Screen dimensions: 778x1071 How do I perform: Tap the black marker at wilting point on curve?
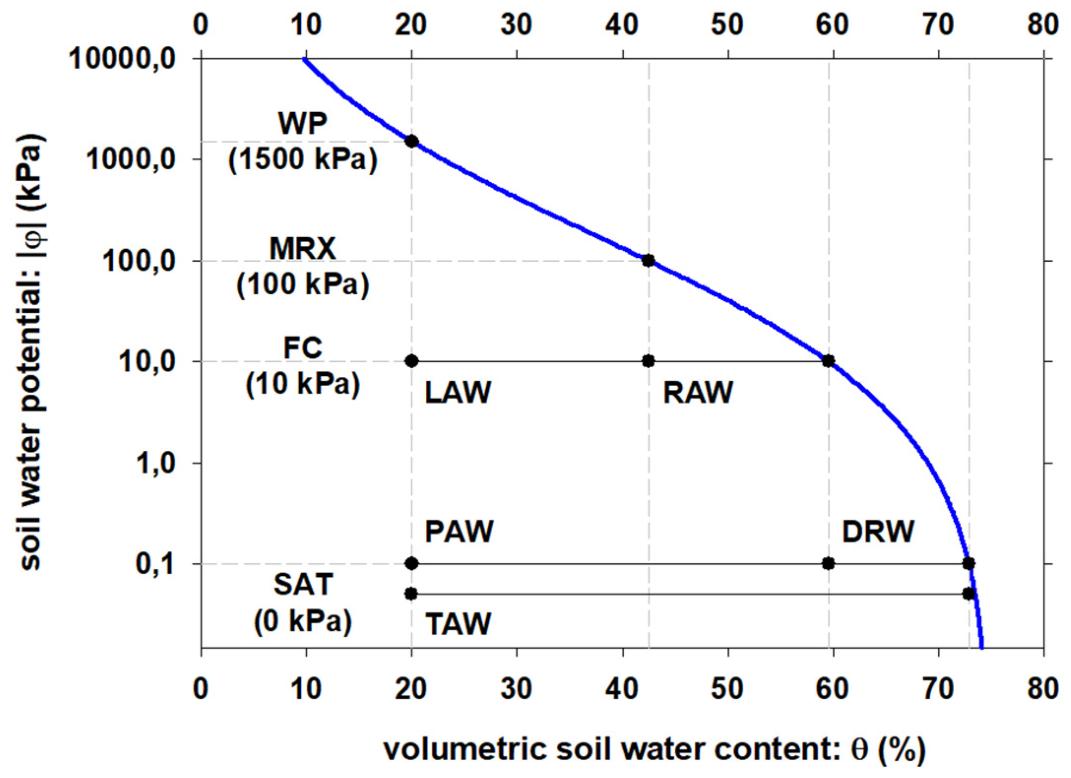[x=411, y=141]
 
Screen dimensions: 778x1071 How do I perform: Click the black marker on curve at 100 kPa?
[x=648, y=260]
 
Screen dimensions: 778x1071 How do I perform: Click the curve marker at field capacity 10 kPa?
[x=828, y=361]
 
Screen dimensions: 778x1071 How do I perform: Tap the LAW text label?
[x=458, y=393]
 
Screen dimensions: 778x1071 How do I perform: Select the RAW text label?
[x=698, y=393]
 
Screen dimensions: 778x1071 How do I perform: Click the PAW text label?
[x=459, y=531]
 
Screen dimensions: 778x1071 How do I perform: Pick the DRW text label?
[x=878, y=531]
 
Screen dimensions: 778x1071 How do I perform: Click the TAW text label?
[x=458, y=624]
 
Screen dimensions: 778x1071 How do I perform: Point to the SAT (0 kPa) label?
[x=303, y=603]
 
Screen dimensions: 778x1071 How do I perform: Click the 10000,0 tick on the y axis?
[x=130, y=60]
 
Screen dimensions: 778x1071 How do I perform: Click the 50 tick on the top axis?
[x=727, y=23]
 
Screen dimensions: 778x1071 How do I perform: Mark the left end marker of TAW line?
[x=411, y=594]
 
